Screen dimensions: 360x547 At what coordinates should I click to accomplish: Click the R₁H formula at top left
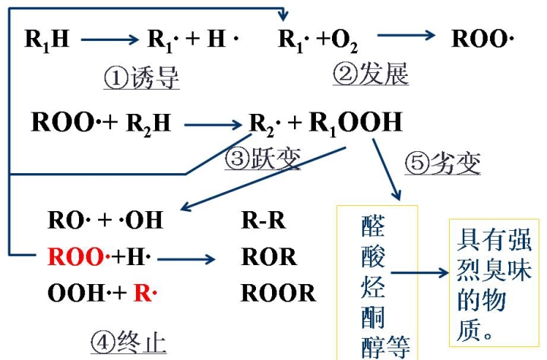point(46,39)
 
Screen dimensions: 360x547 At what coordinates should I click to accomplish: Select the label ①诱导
point(141,77)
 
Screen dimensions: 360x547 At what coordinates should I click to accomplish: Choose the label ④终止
point(128,343)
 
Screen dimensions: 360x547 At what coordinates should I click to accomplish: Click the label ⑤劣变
point(444,163)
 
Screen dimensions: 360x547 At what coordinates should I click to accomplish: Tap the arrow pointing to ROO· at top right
point(406,36)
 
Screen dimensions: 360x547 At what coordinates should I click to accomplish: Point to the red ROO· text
point(75,257)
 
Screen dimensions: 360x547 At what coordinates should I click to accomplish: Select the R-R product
point(263,220)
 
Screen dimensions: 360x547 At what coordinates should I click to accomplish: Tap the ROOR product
point(277,292)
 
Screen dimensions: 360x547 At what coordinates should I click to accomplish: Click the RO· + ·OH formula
point(105,220)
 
